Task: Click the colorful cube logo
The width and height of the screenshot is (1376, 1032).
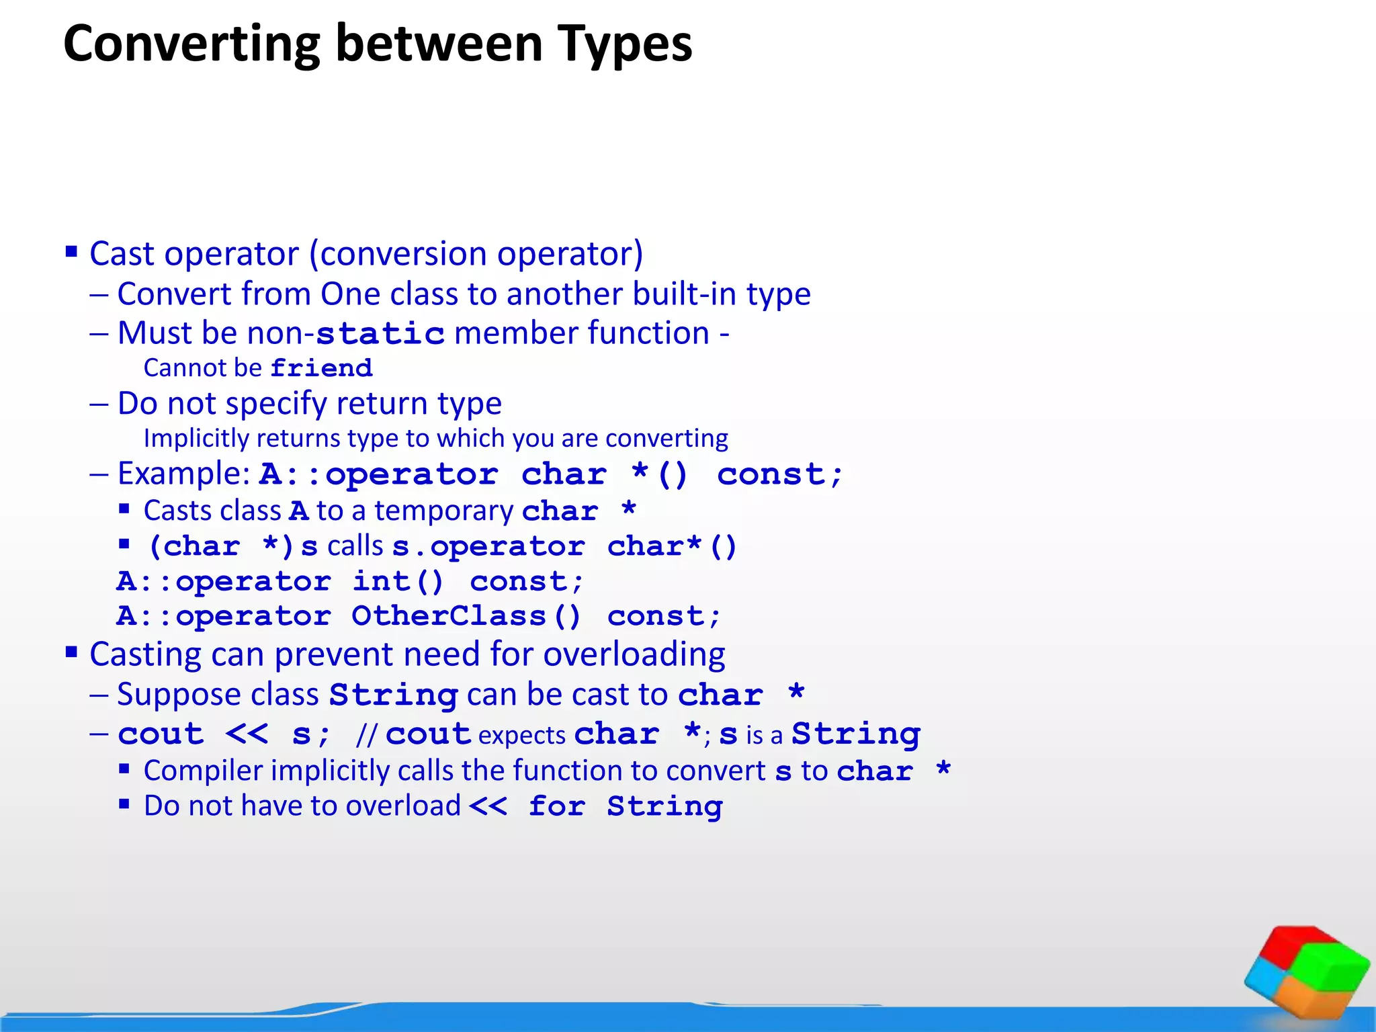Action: click(1306, 972)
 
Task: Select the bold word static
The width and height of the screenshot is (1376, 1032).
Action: click(380, 334)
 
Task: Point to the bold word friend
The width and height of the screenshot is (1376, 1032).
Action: click(321, 368)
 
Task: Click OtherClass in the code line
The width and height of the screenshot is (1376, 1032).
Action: click(448, 616)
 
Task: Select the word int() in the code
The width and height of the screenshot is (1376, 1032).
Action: click(398, 581)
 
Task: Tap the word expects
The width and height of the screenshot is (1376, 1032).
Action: click(522, 736)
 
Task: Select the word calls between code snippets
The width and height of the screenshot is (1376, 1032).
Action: click(355, 546)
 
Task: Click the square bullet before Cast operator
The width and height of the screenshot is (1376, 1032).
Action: click(71, 253)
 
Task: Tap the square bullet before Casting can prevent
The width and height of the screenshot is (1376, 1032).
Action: click(71, 652)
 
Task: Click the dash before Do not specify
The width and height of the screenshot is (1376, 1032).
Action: click(99, 404)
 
